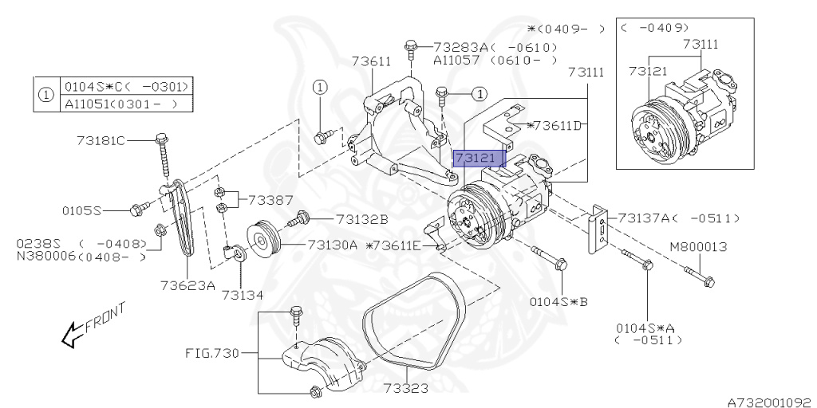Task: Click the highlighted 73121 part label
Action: pyautogui.click(x=480, y=159)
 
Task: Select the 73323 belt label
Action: pyautogui.click(x=406, y=388)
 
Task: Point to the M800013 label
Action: pyautogui.click(x=698, y=247)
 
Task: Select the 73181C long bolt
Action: pyautogui.click(x=164, y=156)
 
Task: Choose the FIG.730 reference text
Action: pyautogui.click(x=212, y=354)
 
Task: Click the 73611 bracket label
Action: pyautogui.click(x=370, y=61)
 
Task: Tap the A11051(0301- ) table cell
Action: pyautogui.click(x=127, y=104)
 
